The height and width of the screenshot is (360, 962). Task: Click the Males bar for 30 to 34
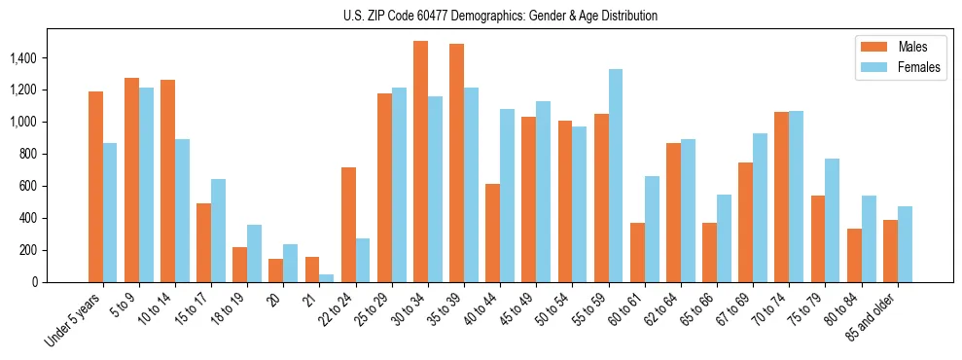[420, 162]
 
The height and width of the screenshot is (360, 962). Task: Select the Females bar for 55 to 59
[616, 175]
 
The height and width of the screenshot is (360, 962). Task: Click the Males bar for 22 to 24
[348, 225]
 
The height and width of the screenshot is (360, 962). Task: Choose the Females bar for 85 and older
[905, 244]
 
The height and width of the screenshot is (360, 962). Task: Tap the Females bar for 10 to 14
[182, 210]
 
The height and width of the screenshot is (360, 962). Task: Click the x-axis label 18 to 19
[228, 309]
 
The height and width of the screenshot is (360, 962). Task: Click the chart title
[500, 16]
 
